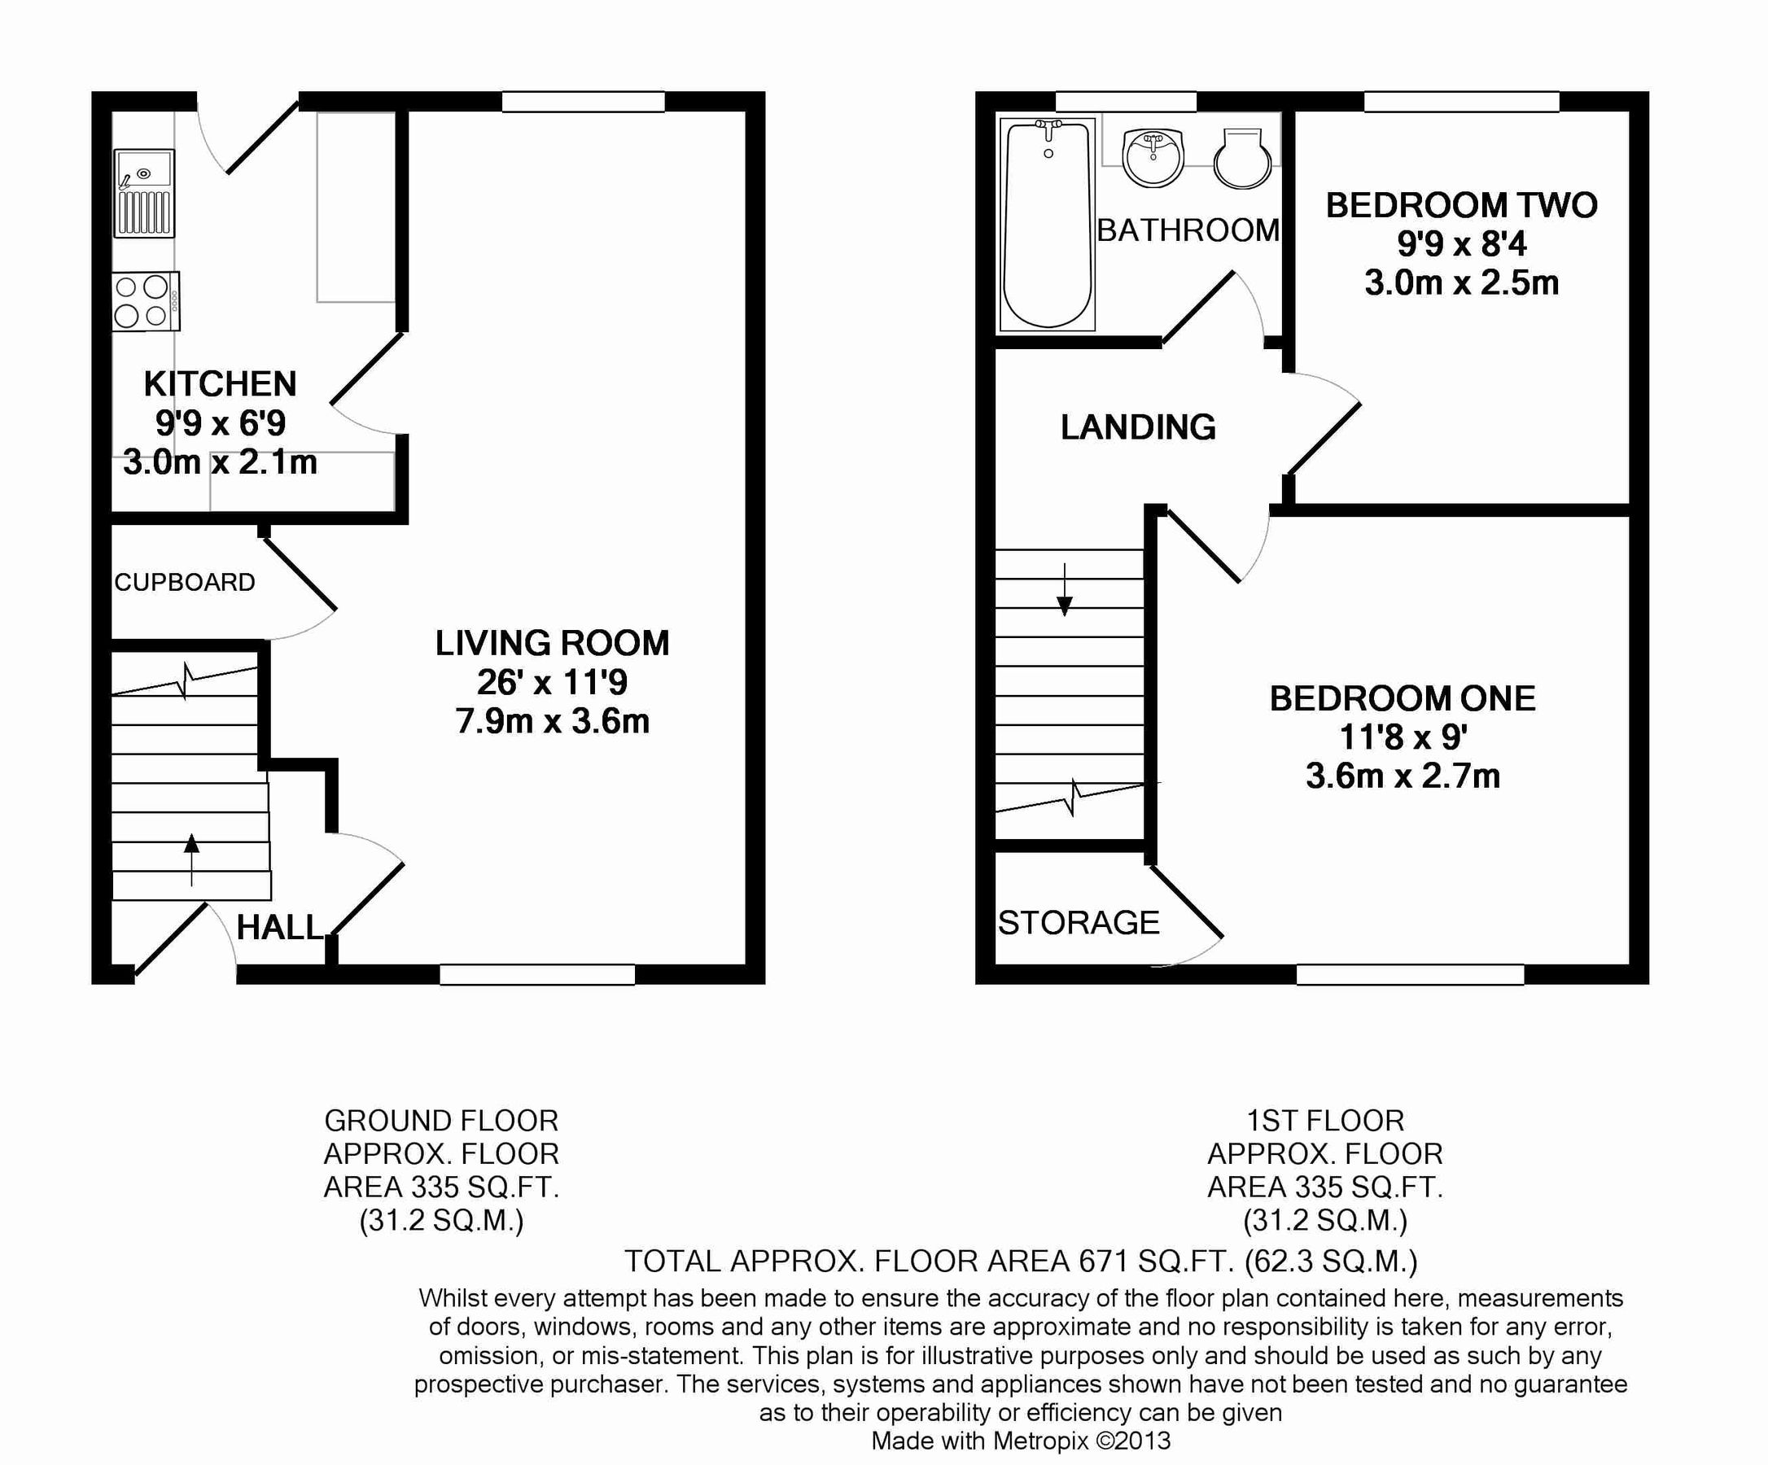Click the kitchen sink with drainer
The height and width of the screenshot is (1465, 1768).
145,194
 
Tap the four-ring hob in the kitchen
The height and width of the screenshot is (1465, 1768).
145,300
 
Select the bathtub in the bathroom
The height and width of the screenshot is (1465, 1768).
1048,224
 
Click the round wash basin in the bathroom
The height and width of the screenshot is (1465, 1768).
1153,156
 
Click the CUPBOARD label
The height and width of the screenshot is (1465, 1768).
185,583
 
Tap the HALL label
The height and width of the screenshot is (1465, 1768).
278,928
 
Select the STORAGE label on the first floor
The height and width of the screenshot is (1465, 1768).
1079,924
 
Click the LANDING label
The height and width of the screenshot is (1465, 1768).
1137,428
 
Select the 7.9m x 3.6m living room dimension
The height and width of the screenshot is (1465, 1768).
552,722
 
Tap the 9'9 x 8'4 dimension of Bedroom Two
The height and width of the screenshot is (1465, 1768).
1462,244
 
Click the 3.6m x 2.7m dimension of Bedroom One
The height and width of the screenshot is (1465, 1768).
1403,776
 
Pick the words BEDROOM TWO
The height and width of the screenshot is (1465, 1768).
1462,205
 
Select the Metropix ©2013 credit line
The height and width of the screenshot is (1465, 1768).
1021,1441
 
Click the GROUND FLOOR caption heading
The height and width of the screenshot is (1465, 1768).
441,1121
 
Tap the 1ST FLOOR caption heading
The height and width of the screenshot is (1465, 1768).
1325,1121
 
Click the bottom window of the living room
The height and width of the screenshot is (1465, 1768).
537,974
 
